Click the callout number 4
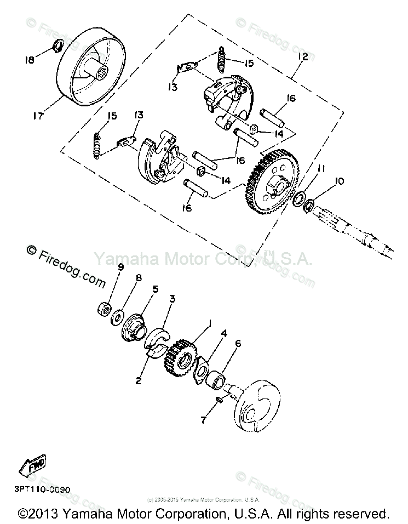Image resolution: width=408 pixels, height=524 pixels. [x=225, y=333]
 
